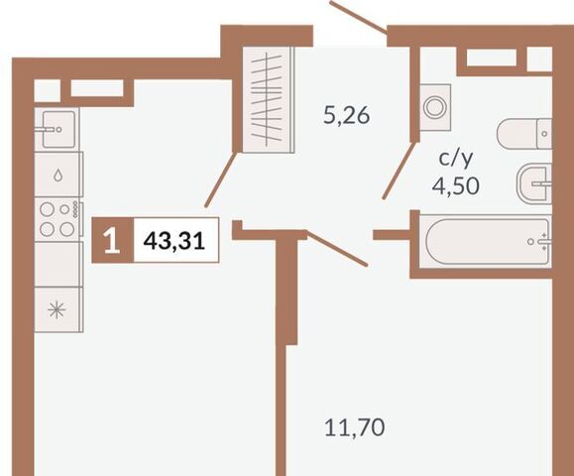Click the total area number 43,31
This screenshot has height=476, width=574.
[173, 241]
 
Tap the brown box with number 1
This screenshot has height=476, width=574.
[112, 240]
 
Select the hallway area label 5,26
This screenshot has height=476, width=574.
[347, 115]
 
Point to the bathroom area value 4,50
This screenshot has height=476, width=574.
[455, 185]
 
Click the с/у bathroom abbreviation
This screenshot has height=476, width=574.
[456, 159]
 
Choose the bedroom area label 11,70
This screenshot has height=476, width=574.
[354, 427]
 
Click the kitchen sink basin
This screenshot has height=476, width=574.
[58, 129]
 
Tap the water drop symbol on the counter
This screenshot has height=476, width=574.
[57, 176]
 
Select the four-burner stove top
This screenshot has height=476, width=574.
[57, 219]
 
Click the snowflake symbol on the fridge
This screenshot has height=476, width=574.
[57, 310]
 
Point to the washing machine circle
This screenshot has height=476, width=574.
[435, 107]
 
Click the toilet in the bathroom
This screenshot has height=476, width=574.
[524, 134]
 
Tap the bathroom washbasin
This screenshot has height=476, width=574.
[534, 183]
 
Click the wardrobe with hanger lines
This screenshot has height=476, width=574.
[268, 99]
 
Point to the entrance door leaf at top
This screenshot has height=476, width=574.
[360, 17]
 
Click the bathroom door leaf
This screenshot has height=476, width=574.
[399, 170]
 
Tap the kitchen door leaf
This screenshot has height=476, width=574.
[221, 179]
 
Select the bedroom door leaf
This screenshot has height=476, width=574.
[337, 248]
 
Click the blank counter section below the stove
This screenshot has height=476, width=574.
[57, 264]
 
